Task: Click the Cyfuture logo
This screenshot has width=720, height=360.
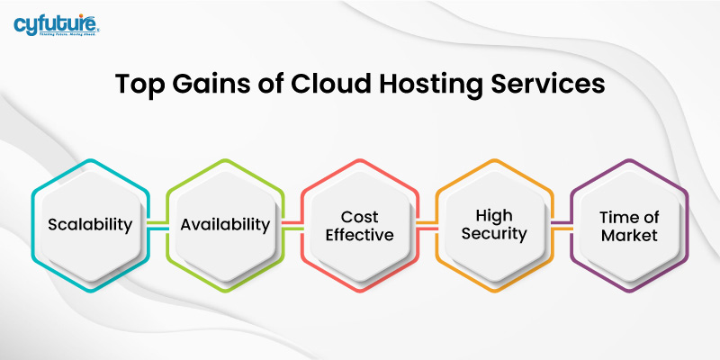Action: click(x=56, y=24)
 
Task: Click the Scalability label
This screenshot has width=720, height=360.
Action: click(x=90, y=225)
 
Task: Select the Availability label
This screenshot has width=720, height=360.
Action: click(x=225, y=225)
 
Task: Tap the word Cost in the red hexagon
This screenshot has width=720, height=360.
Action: click(x=360, y=216)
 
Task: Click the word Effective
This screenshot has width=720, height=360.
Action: click(x=360, y=235)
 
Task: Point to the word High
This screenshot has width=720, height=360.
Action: click(x=495, y=216)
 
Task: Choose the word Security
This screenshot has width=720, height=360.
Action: click(x=495, y=235)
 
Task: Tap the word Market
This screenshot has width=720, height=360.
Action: click(x=630, y=235)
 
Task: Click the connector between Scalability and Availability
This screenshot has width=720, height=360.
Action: click(x=157, y=225)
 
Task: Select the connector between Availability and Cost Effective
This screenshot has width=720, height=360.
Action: click(x=292, y=225)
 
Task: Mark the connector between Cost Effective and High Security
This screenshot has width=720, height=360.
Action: click(x=427, y=225)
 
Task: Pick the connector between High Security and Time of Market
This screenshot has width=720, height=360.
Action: click(x=562, y=225)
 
